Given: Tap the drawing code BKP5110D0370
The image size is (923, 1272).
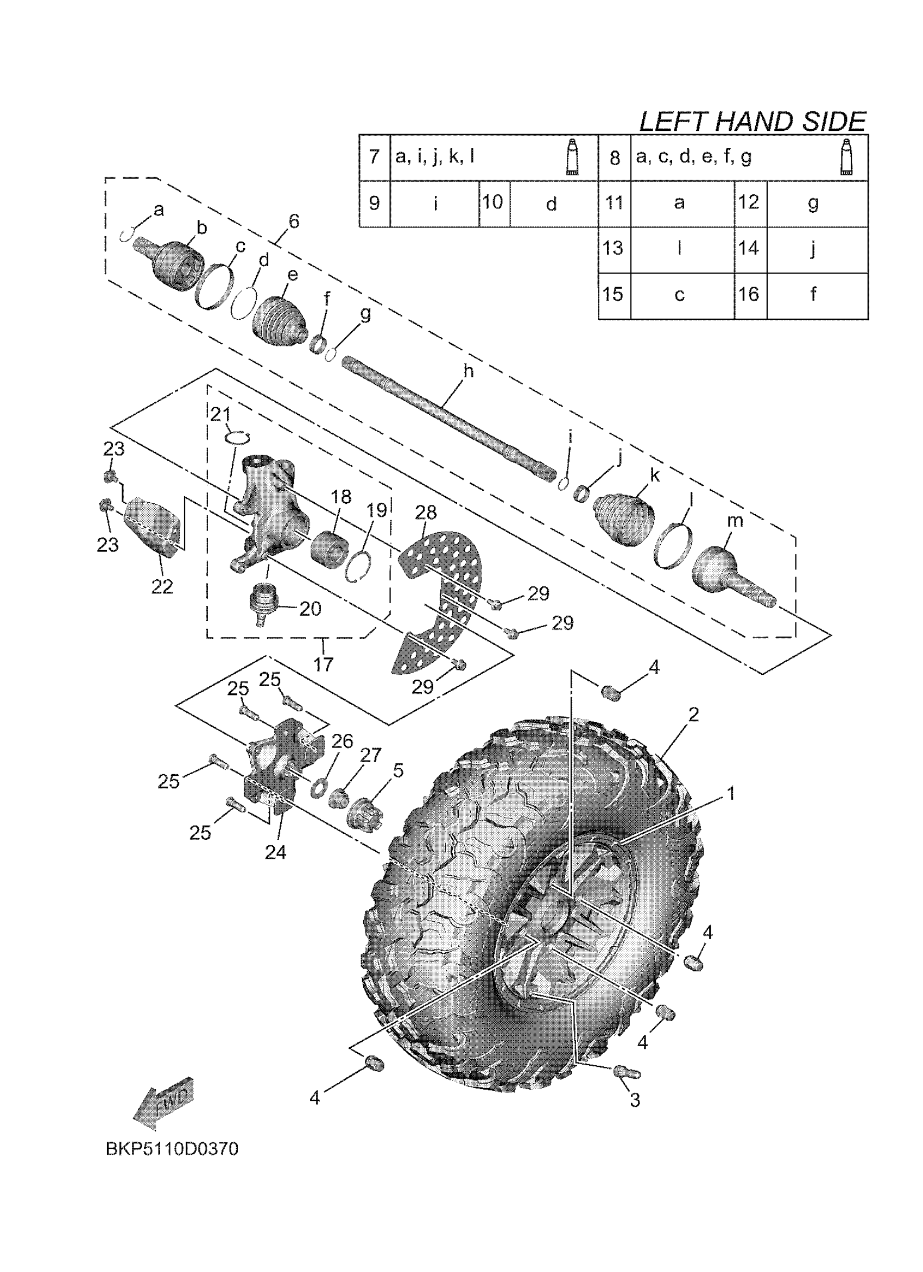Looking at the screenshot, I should [x=172, y=1149].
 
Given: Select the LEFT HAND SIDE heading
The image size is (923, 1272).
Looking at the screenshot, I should [x=752, y=122].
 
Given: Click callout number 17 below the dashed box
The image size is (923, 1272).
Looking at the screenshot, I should [x=324, y=664].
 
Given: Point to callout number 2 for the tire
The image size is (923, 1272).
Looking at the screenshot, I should [x=694, y=714].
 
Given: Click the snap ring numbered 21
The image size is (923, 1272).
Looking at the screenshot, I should [x=237, y=437].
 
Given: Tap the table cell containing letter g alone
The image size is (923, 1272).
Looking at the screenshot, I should [x=813, y=203].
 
